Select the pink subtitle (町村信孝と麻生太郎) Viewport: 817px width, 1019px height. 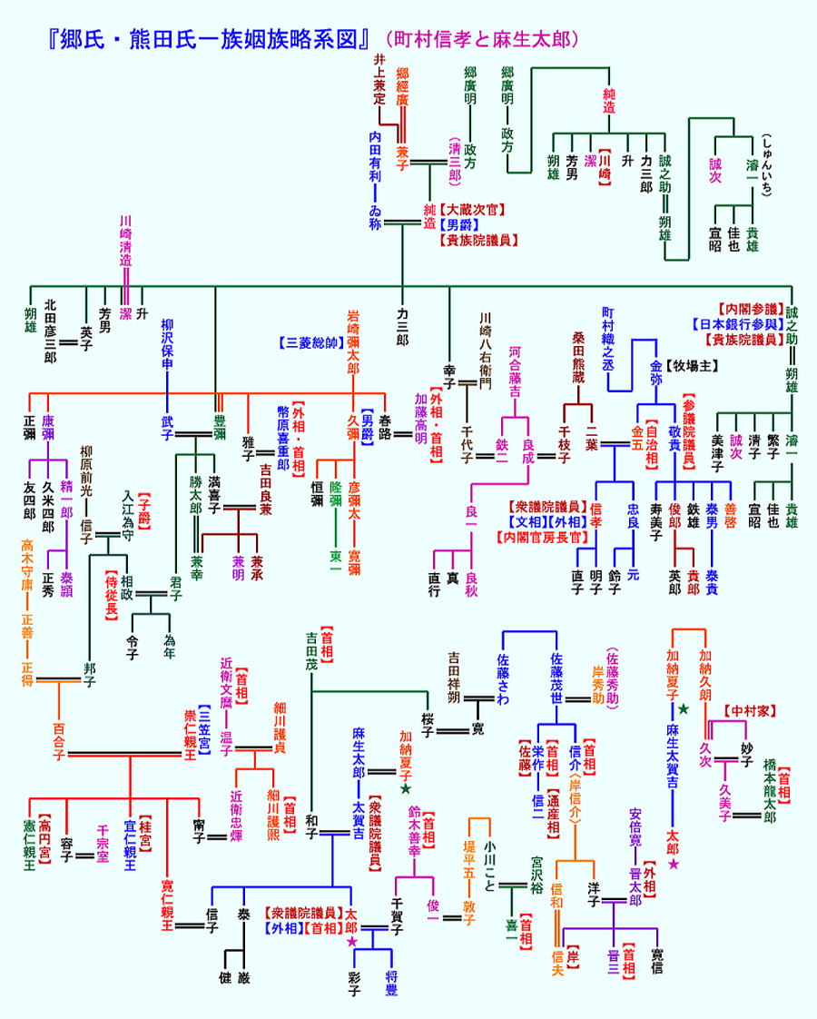481,40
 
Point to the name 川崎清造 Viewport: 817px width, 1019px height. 126,240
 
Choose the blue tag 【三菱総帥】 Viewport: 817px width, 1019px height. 310,343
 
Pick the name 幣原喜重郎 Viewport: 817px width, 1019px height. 283,437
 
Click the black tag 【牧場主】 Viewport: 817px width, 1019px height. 696,367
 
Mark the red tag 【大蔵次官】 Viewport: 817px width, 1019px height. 474,209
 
